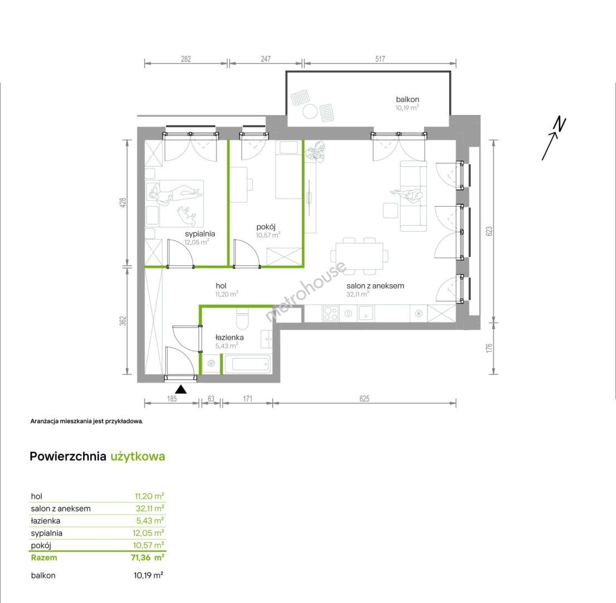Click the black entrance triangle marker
181,389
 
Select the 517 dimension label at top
380,59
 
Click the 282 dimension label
186,59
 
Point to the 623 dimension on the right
489,231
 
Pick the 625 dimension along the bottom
364,399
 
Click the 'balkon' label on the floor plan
407,99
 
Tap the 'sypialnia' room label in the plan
200,234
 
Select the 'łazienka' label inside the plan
229,337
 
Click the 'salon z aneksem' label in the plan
375,286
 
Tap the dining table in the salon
359,256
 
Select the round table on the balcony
310,112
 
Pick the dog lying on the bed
186,213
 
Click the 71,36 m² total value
148,557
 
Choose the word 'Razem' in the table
44,557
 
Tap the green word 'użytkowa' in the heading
137,457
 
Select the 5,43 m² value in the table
150,520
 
